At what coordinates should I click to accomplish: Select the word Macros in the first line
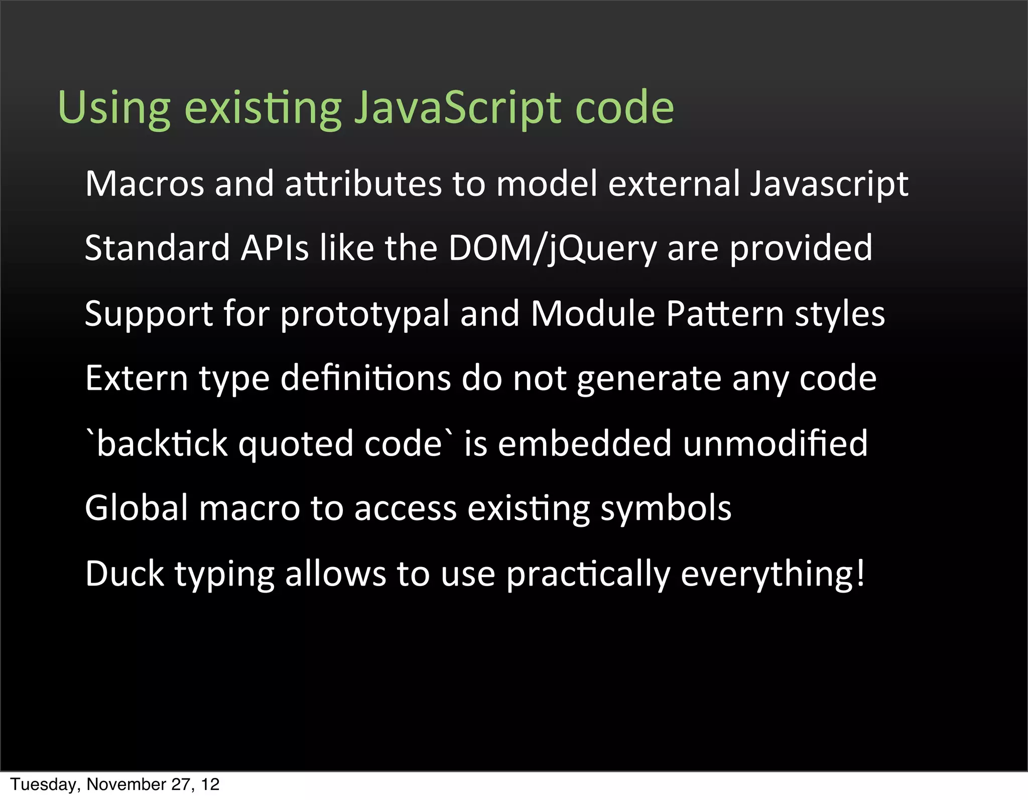(145, 184)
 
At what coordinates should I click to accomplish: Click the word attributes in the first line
(364, 184)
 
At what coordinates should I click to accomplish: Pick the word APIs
(275, 249)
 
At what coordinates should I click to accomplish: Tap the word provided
(801, 249)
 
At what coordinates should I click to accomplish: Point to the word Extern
(137, 378)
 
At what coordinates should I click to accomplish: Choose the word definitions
(365, 378)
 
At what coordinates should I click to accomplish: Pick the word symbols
(666, 508)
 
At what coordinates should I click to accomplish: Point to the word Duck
(124, 574)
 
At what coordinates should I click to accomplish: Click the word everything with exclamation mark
(773, 574)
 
